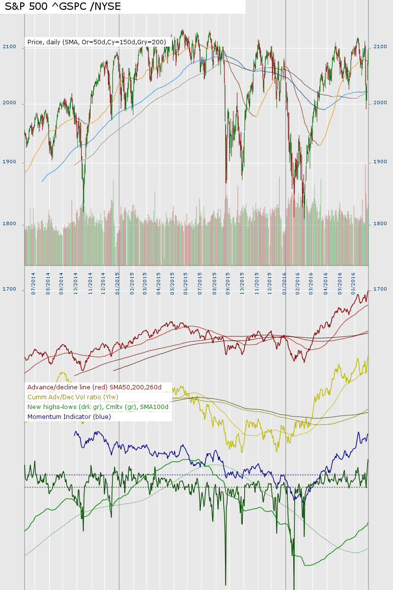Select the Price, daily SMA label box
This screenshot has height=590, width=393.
[x=97, y=42]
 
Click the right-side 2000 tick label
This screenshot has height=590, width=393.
[x=381, y=103]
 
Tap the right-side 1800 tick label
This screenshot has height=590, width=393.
[x=381, y=224]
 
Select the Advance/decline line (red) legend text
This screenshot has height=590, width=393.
[x=95, y=387]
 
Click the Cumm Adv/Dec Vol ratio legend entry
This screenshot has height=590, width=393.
[x=73, y=397]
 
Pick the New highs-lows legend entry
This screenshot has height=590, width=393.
[x=98, y=407]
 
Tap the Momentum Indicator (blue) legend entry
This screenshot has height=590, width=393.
[x=69, y=417]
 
